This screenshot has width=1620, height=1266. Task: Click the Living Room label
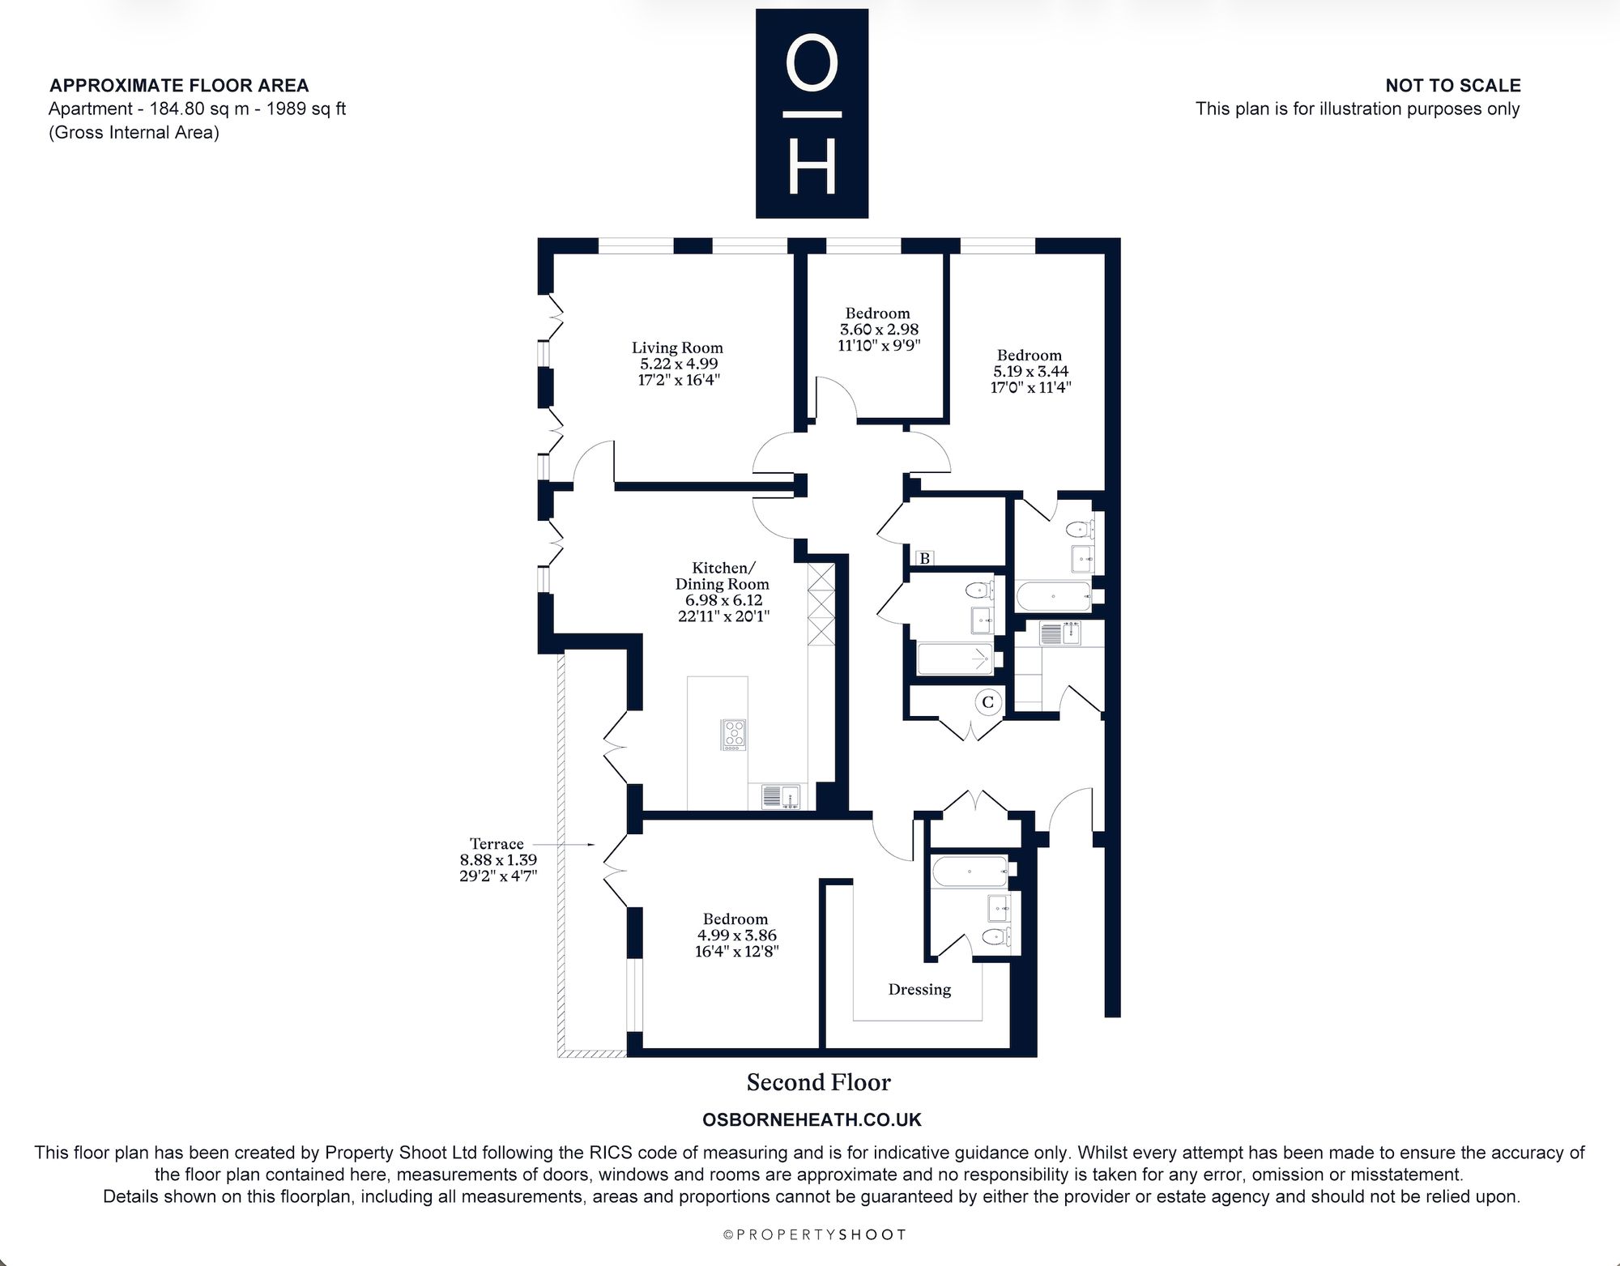(677, 348)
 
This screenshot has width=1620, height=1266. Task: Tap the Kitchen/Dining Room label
(722, 576)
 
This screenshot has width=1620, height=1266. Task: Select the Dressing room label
(919, 990)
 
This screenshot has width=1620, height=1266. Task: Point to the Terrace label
(497, 844)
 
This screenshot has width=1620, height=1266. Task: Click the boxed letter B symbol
(924, 558)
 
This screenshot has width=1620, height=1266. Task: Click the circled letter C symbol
(987, 702)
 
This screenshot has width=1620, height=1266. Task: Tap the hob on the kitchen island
(734, 735)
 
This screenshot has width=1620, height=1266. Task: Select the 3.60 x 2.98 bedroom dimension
(879, 330)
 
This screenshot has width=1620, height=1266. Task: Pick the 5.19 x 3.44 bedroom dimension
(1030, 372)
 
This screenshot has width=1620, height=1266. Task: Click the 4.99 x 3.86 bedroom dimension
(736, 936)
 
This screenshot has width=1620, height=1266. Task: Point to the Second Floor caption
(818, 1083)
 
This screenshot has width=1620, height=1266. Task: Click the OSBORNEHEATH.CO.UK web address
(812, 1120)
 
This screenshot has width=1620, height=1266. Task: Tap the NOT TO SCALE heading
(1453, 86)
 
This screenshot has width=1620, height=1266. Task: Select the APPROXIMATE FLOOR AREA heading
(179, 86)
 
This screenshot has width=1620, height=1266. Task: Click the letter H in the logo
(812, 168)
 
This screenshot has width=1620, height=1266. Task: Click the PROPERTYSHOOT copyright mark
(814, 1235)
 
